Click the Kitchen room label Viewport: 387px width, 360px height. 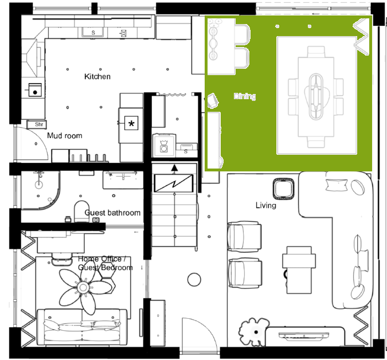[97, 76]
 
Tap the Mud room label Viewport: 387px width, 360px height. [65, 135]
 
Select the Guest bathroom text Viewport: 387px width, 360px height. [112, 213]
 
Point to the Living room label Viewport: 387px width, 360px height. [266, 205]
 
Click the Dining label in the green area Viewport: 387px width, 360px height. [245, 96]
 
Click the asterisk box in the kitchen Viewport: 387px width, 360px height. [131, 123]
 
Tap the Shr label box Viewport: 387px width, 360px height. [37, 124]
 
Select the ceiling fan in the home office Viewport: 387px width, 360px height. [83, 287]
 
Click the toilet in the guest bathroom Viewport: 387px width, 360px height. [81, 212]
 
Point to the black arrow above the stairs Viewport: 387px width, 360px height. [174, 168]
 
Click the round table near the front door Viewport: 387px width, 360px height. [194, 280]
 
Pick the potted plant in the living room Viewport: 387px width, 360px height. [253, 331]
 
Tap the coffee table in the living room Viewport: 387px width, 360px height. [299, 269]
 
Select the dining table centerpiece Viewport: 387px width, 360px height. [316, 96]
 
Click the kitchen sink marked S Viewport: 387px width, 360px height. [93, 32]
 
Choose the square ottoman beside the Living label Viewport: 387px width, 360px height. [284, 189]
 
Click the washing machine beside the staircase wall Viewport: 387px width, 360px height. [164, 146]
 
